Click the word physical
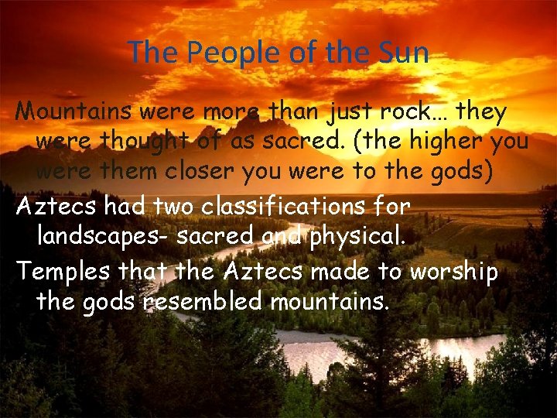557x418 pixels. click(357, 238)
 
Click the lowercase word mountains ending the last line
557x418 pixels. click(329, 300)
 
